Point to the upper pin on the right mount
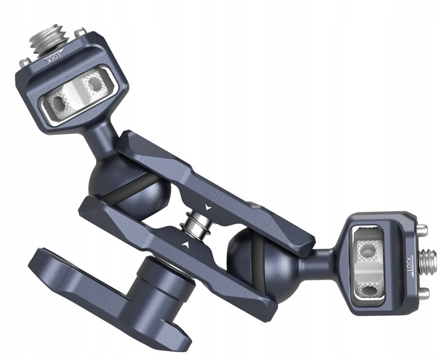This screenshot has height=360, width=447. pyautogui.click(x=422, y=229)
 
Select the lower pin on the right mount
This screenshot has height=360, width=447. pyautogui.click(x=423, y=293)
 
